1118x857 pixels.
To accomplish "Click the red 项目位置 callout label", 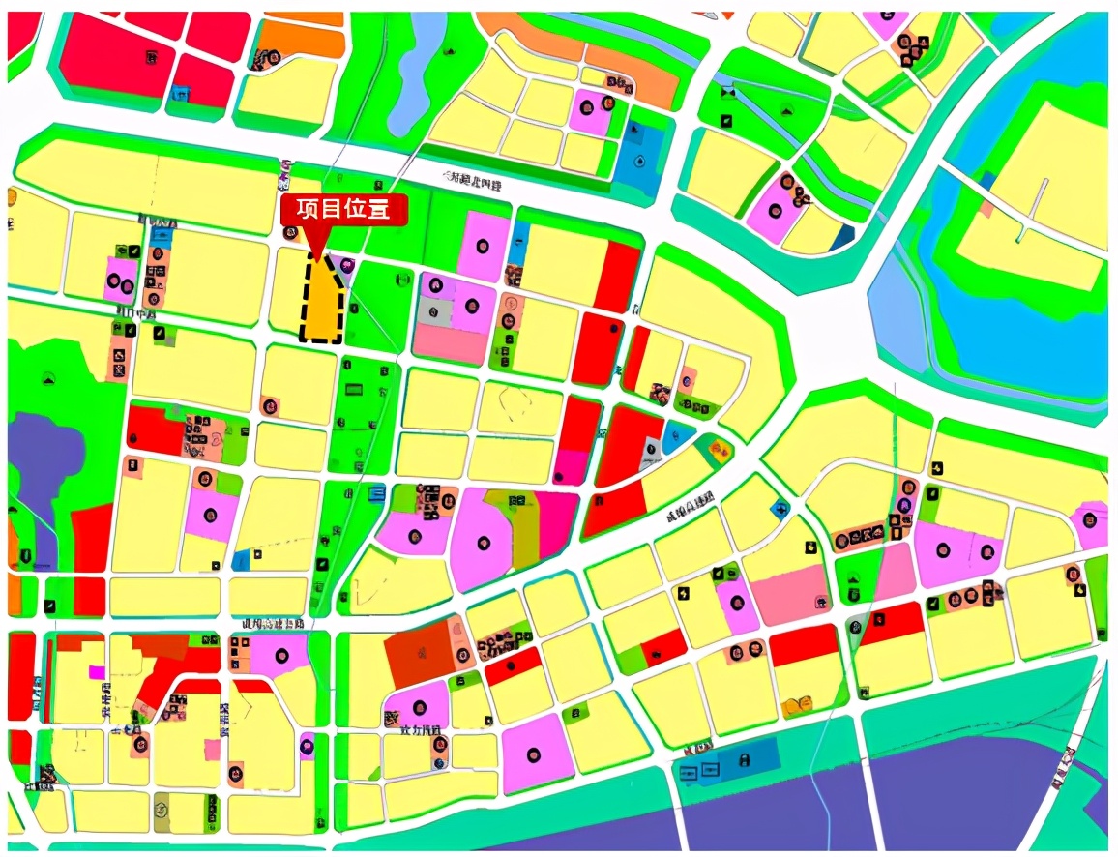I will point(337,210).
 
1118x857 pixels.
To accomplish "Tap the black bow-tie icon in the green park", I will point(728,92).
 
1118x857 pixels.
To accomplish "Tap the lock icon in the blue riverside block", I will point(743,760).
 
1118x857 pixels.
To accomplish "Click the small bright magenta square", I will point(95,671).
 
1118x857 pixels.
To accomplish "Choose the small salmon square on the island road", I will point(986,207).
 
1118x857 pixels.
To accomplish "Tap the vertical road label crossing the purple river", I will point(1066,768).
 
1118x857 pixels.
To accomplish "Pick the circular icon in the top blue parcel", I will point(639,161).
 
